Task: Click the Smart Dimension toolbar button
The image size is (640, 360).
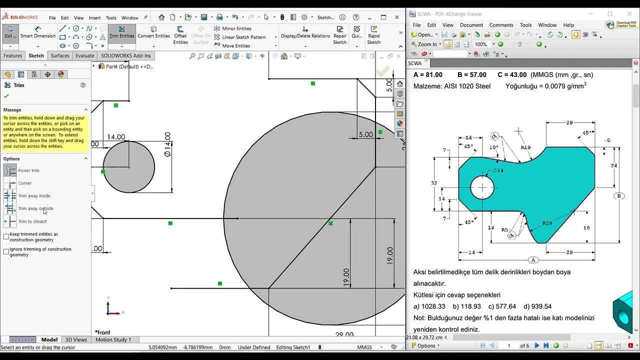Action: pyautogui.click(x=37, y=32)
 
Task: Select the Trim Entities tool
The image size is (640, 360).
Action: pyautogui.click(x=121, y=32)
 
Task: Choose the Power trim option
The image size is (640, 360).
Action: pyautogui.click(x=28, y=170)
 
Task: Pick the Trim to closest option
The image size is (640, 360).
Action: pyautogui.click(x=32, y=221)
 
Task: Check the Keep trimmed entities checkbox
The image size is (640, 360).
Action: pyautogui.click(x=6, y=236)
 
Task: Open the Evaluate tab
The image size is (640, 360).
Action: pyautogui.click(x=84, y=55)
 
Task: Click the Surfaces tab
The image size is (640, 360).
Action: pyautogui.click(x=60, y=55)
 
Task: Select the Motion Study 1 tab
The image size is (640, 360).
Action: pyautogui.click(x=113, y=339)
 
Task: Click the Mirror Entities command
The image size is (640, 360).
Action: pyautogui.click(x=236, y=28)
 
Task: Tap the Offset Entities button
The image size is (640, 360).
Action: pyautogui.click(x=180, y=35)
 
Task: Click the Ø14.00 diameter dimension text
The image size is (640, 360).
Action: pyautogui.click(x=167, y=144)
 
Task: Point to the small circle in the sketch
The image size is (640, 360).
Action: pyautogui.click(x=129, y=167)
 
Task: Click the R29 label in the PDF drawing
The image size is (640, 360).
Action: pyautogui.click(x=547, y=223)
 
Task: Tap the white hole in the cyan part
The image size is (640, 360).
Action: pyautogui.click(x=482, y=188)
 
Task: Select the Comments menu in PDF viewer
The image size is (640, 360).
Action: pyautogui.click(x=501, y=25)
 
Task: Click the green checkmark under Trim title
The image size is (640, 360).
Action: pyautogui.click(x=6, y=96)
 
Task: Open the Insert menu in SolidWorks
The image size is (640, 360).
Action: pyautogui.click(x=94, y=18)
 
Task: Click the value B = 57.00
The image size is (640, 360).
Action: pyautogui.click(x=471, y=75)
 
